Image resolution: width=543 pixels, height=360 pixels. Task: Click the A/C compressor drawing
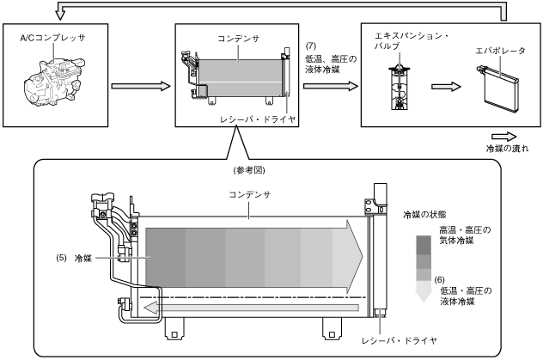point(54,82)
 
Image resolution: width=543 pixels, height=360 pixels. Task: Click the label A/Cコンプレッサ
point(52,38)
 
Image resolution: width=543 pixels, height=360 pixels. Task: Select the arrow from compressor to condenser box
point(141,86)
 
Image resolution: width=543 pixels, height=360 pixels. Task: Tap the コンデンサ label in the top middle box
point(238,39)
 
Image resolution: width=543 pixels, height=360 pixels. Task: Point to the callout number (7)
point(311,46)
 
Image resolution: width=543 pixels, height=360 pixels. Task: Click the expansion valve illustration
point(400,88)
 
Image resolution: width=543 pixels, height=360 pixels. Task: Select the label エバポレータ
point(500,51)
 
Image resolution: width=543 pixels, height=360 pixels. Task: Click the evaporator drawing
point(498,89)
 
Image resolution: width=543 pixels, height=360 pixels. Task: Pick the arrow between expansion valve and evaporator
point(446,87)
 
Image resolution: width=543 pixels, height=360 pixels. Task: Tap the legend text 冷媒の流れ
point(507,149)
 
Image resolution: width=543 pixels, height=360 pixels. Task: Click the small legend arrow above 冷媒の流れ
point(503,137)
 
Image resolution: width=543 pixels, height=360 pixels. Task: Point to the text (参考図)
point(249,170)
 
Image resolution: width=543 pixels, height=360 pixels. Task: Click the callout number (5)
point(61,259)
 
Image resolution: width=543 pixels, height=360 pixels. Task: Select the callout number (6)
point(439,280)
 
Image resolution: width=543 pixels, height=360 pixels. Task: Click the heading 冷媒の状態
point(424,215)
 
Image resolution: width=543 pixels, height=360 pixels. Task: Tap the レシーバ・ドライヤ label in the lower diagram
point(400,340)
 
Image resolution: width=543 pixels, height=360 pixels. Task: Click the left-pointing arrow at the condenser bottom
point(251,308)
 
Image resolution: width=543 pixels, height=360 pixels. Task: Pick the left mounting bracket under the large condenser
point(175,328)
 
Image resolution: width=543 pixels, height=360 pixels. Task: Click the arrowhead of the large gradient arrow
point(354,257)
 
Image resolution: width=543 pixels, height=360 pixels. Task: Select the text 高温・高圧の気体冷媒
point(465,235)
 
